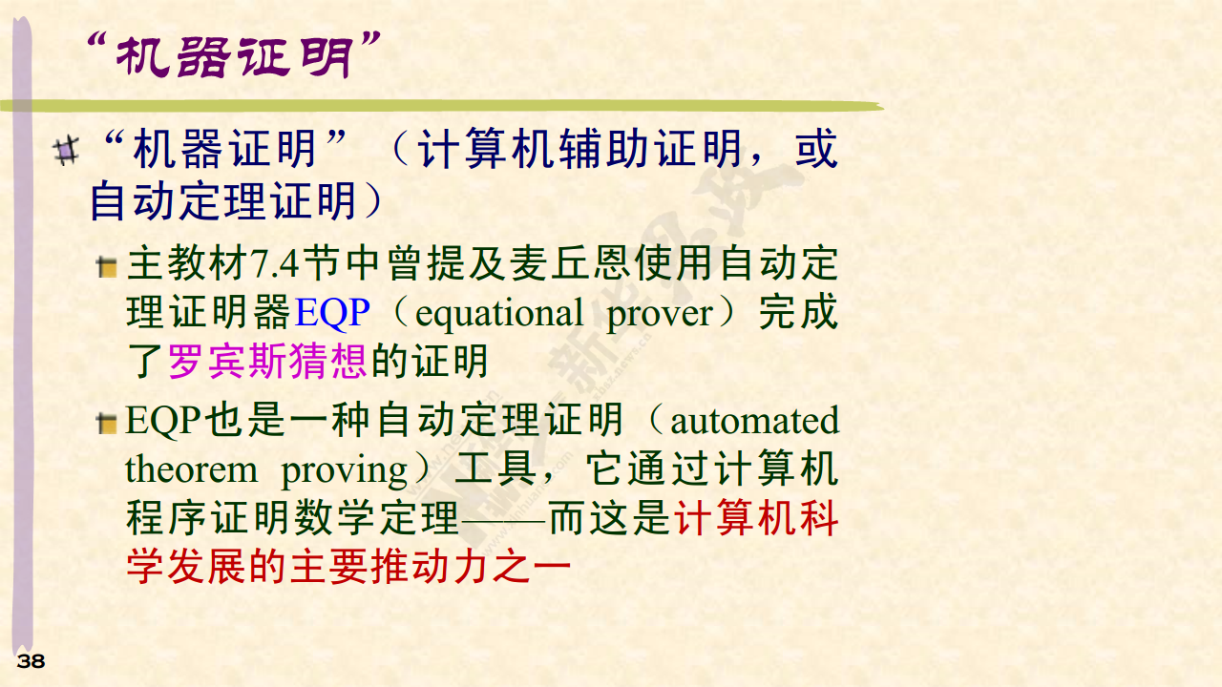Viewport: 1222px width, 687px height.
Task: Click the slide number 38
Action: pyautogui.click(x=31, y=661)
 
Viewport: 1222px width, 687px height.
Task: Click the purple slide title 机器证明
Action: pyautogui.click(x=234, y=56)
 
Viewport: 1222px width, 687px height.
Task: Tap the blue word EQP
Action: pyautogui.click(x=332, y=312)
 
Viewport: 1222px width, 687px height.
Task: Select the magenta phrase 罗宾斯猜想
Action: pyautogui.click(x=267, y=361)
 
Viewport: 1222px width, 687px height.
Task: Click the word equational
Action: pyautogui.click(x=499, y=315)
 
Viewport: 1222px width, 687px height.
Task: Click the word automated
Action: pyautogui.click(x=754, y=422)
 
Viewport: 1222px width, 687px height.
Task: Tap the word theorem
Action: pyautogui.click(x=191, y=469)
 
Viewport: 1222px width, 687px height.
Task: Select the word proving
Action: pyautogui.click(x=344, y=471)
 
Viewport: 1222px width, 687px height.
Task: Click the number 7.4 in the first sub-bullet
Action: pyautogui.click(x=274, y=264)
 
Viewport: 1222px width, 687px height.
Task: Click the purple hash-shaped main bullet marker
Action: pyautogui.click(x=67, y=151)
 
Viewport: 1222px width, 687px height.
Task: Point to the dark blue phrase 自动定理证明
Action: pyautogui.click(x=223, y=201)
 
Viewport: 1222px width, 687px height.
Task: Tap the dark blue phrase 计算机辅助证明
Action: pyautogui.click(x=579, y=148)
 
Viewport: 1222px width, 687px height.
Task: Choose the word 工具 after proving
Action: pyautogui.click(x=495, y=468)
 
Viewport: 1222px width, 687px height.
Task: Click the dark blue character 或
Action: pyautogui.click(x=816, y=148)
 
